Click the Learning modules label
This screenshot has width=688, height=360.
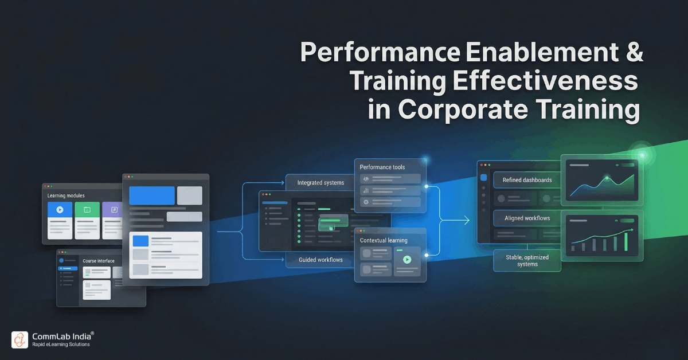click(66, 196)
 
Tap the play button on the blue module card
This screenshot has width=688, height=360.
click(60, 210)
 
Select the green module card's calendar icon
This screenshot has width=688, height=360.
click(87, 210)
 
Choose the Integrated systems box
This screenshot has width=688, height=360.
click(320, 183)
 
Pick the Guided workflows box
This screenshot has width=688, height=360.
click(320, 260)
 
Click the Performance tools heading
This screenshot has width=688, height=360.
click(382, 167)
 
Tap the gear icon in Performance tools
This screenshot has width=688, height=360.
click(365, 202)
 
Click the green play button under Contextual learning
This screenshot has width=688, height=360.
click(407, 259)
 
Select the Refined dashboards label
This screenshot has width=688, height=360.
click(527, 180)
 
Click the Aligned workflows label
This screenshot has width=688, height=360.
click(527, 218)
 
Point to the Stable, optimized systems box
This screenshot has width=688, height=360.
click(527, 260)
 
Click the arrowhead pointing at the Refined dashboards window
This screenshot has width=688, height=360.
click(467, 221)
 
